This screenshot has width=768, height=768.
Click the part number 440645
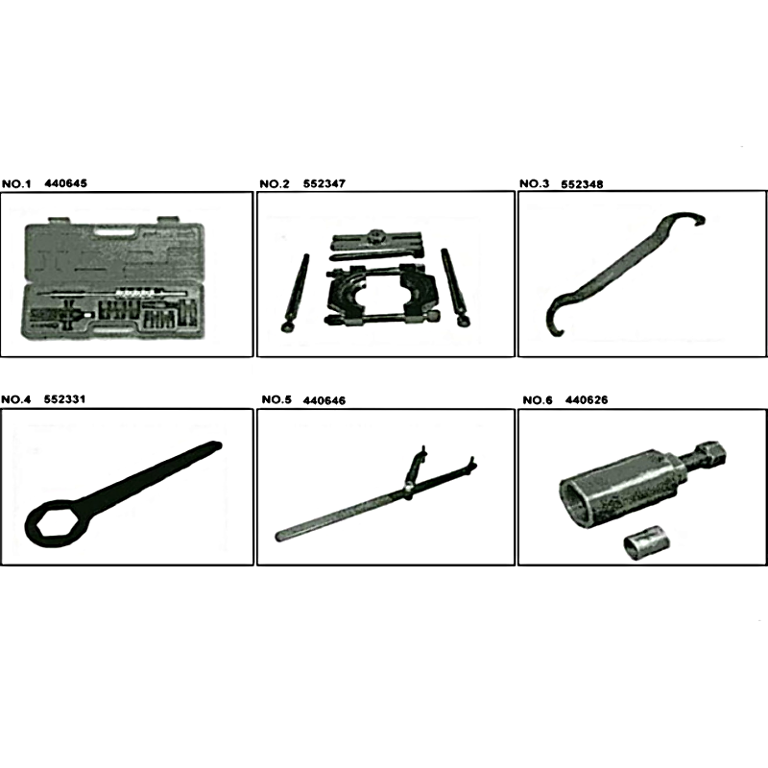[x=65, y=183]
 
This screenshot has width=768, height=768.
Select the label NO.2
[x=275, y=183]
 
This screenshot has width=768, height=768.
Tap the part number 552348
[x=582, y=184]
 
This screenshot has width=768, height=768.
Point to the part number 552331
[x=64, y=398]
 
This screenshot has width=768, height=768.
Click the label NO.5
[x=276, y=399]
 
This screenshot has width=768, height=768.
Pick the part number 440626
[x=587, y=399]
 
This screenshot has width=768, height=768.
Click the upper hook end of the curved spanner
[x=690, y=220]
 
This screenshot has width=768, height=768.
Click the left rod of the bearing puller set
[x=295, y=292]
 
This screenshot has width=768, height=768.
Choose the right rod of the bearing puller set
[x=455, y=287]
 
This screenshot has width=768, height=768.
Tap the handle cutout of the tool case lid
[x=115, y=230]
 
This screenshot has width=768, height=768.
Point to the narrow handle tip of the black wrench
[x=215, y=445]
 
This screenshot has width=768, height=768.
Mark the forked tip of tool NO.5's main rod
[x=470, y=464]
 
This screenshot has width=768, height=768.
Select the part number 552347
[x=324, y=183]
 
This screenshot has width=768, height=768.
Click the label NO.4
[x=15, y=399]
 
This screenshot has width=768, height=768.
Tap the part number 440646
[x=324, y=400]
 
